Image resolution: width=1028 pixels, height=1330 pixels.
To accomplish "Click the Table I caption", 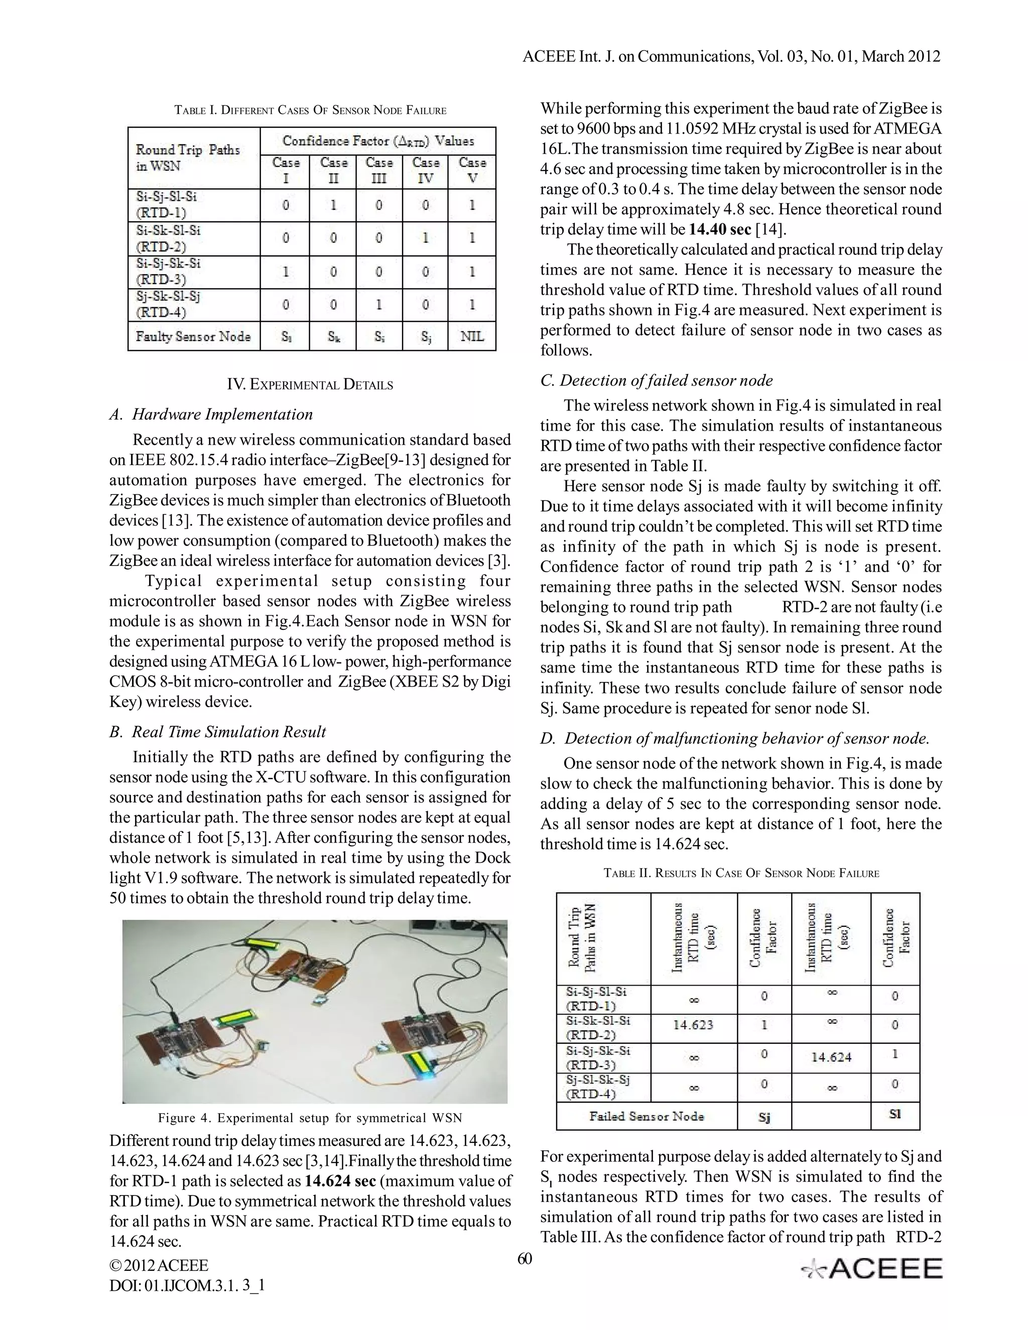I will pyautogui.click(x=310, y=110).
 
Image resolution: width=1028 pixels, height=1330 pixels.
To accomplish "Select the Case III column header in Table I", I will pyautogui.click(x=379, y=171).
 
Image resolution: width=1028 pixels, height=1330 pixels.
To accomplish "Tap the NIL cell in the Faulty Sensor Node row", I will pyautogui.click(x=472, y=336).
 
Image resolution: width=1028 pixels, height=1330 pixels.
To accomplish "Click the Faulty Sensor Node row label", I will pyautogui.click(x=193, y=336).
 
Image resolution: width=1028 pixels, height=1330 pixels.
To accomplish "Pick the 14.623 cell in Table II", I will pyautogui.click(x=693, y=1025).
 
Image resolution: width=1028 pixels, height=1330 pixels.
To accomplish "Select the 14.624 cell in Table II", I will pyautogui.click(x=831, y=1057).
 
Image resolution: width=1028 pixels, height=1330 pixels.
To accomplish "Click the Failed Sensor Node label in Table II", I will pyautogui.click(x=646, y=1116).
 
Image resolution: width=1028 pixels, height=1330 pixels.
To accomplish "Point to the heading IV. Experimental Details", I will pyautogui.click(x=310, y=384).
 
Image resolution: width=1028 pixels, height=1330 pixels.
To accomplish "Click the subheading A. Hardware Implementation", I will pyautogui.click(x=211, y=414).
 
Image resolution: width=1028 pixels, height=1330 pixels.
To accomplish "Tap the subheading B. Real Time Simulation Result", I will pyautogui.click(x=217, y=731).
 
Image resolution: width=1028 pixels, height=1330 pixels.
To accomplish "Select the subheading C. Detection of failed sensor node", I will pyautogui.click(x=657, y=380).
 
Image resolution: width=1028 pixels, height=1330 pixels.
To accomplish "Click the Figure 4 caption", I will pyautogui.click(x=310, y=1118).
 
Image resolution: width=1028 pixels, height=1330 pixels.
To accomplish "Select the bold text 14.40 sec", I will pyautogui.click(x=720, y=229).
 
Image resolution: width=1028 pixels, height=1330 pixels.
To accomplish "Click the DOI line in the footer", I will pyautogui.click(x=187, y=1285).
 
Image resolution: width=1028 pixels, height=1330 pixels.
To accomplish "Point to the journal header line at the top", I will pyautogui.click(x=731, y=57).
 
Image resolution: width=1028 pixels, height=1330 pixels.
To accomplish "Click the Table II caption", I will pyautogui.click(x=741, y=873).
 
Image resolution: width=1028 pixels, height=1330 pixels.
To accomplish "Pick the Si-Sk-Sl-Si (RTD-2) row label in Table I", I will pyautogui.click(x=168, y=238).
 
